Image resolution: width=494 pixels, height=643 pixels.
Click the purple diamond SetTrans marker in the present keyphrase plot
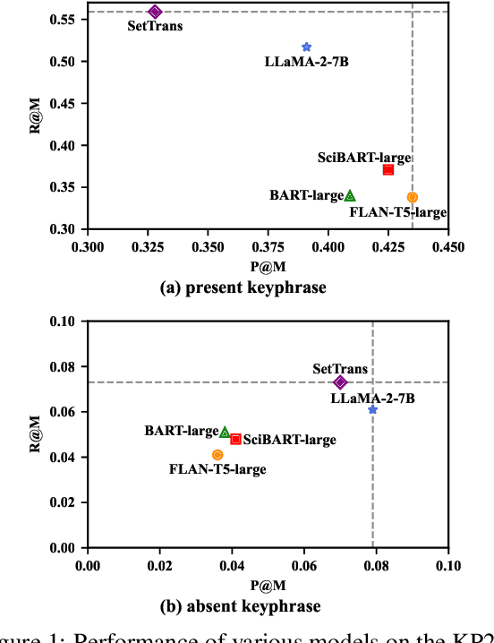coord(155,12)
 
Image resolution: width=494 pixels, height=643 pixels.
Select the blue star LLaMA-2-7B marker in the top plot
coord(307,47)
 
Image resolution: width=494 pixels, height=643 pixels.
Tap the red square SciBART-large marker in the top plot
coord(388,169)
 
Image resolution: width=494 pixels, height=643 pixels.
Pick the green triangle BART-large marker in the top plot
coord(350,195)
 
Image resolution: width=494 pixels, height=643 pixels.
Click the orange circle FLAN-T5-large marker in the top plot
coord(412,197)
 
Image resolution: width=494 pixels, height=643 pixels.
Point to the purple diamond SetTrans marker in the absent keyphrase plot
coord(340,382)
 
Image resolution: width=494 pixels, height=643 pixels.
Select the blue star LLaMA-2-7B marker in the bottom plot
coord(372,409)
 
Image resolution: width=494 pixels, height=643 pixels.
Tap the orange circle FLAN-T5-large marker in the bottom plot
coord(217,455)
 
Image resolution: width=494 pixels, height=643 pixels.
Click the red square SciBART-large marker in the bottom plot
coord(235,439)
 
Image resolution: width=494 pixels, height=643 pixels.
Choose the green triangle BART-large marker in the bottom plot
coord(225,432)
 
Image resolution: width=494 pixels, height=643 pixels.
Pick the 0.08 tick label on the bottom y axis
coord(63,366)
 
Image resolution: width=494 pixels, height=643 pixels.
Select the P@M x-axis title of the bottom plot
coord(267,586)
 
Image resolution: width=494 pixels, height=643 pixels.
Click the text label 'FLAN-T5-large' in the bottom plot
coord(210,469)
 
